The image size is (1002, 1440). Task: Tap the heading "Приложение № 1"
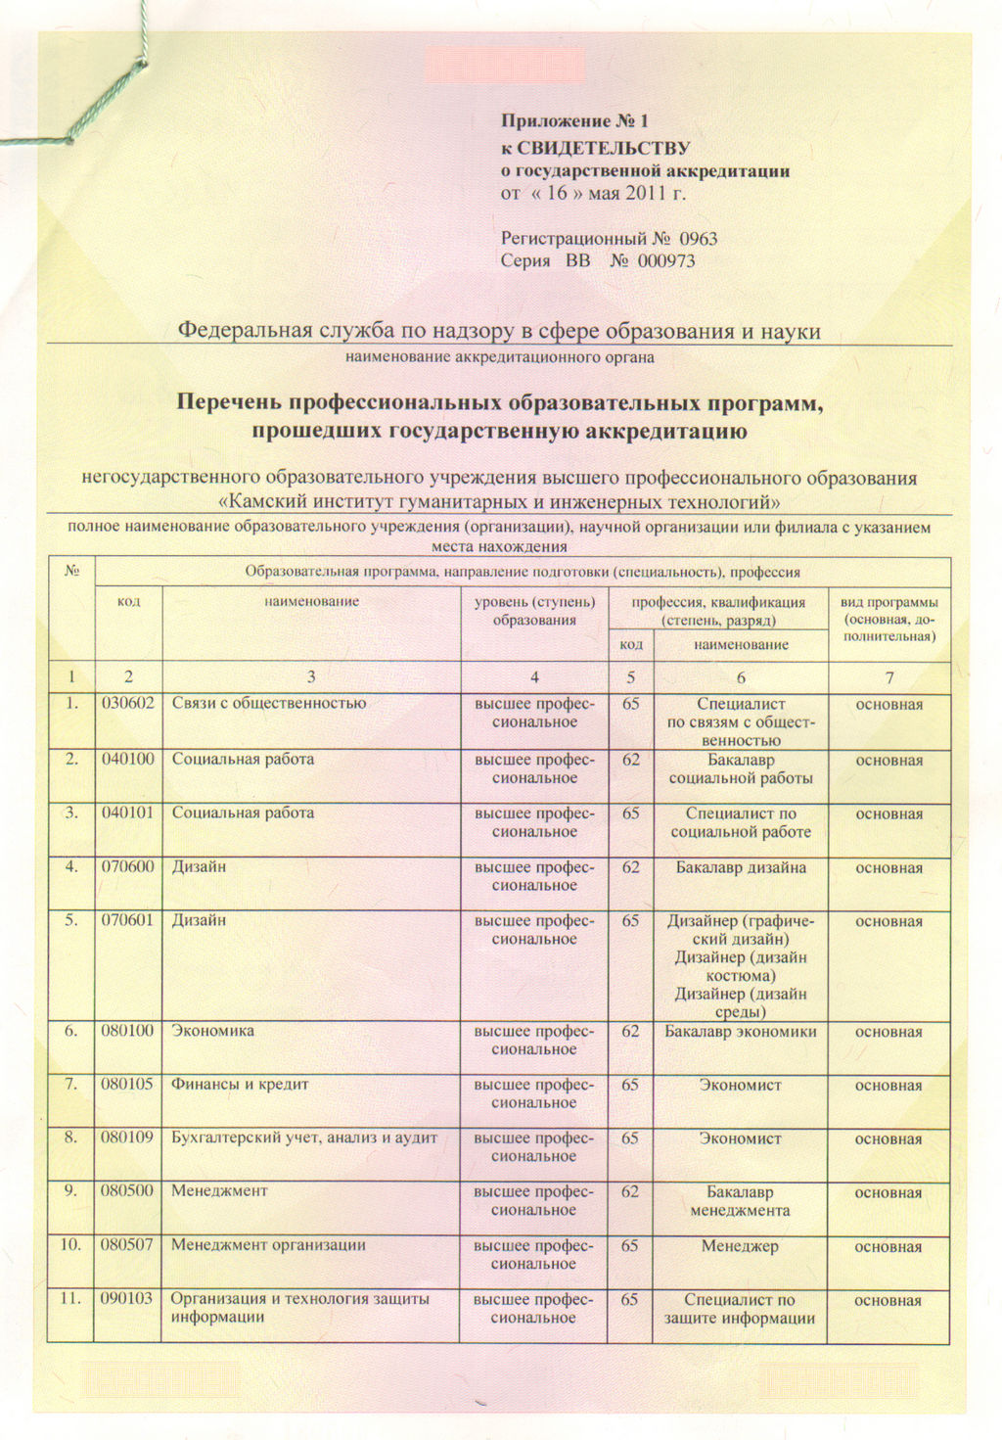[575, 121]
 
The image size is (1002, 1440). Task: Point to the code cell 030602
[127, 703]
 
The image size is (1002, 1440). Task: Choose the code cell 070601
[127, 920]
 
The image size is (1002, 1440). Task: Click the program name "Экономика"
[212, 1031]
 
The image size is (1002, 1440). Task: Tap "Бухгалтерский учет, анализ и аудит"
[303, 1138]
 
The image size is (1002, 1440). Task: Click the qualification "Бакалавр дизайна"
[741, 867]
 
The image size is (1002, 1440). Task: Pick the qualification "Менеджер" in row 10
[740, 1246]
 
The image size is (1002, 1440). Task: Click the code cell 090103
[127, 1299]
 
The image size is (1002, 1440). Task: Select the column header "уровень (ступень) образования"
[533, 611]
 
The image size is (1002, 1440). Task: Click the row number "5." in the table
[70, 920]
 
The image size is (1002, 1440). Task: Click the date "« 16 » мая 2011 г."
[593, 193]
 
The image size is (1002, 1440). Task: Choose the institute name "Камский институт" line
[499, 503]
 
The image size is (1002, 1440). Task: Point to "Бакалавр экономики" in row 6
[741, 1032]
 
